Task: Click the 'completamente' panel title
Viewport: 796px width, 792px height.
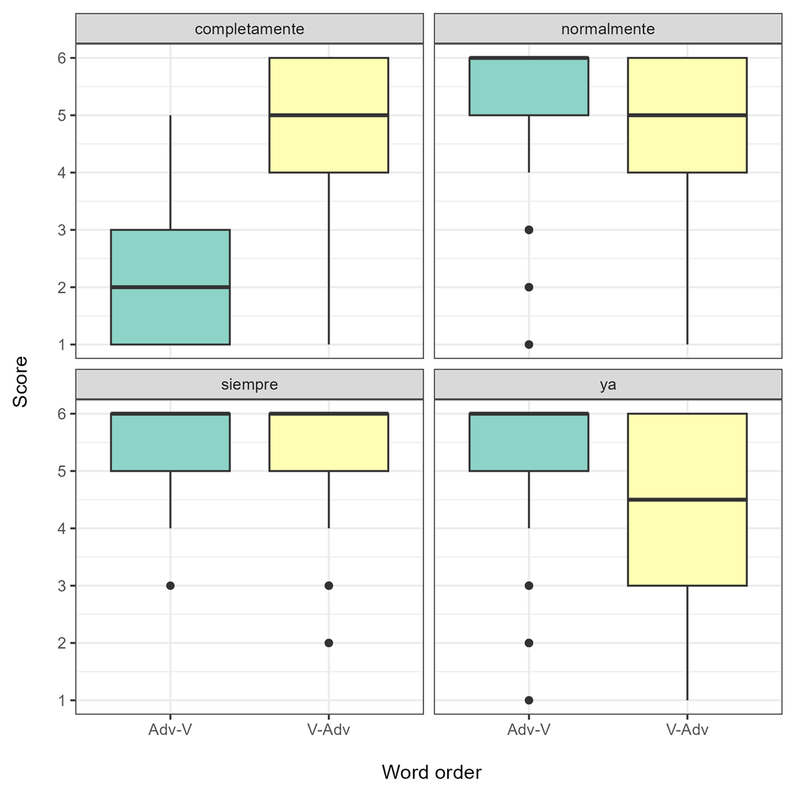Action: coord(249,29)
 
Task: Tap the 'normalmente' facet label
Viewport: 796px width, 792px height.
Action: coord(608,29)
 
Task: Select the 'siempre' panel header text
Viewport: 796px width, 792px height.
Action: coord(249,385)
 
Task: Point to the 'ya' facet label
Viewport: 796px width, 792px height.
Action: coord(608,385)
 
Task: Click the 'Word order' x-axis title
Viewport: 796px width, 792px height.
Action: coord(431,772)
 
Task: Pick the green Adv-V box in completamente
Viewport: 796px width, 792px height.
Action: coord(170,315)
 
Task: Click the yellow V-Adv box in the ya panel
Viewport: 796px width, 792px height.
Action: coord(687,544)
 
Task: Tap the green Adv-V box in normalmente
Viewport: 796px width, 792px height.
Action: coord(529,87)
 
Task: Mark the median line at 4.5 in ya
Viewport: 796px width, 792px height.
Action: coord(687,499)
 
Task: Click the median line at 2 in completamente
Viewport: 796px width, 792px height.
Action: coord(170,287)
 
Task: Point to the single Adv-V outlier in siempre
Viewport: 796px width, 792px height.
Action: coord(170,586)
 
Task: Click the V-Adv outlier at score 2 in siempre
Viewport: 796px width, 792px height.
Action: coord(328,643)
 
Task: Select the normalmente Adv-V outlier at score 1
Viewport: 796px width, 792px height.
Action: coord(529,344)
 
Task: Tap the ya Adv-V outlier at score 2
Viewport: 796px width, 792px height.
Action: coord(529,643)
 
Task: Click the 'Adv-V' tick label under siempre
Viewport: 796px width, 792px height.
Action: coord(170,730)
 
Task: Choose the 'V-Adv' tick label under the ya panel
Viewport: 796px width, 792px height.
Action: coord(687,730)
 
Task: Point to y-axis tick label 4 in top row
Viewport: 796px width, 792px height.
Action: coord(62,172)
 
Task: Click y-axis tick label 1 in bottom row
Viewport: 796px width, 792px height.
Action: coord(62,700)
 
